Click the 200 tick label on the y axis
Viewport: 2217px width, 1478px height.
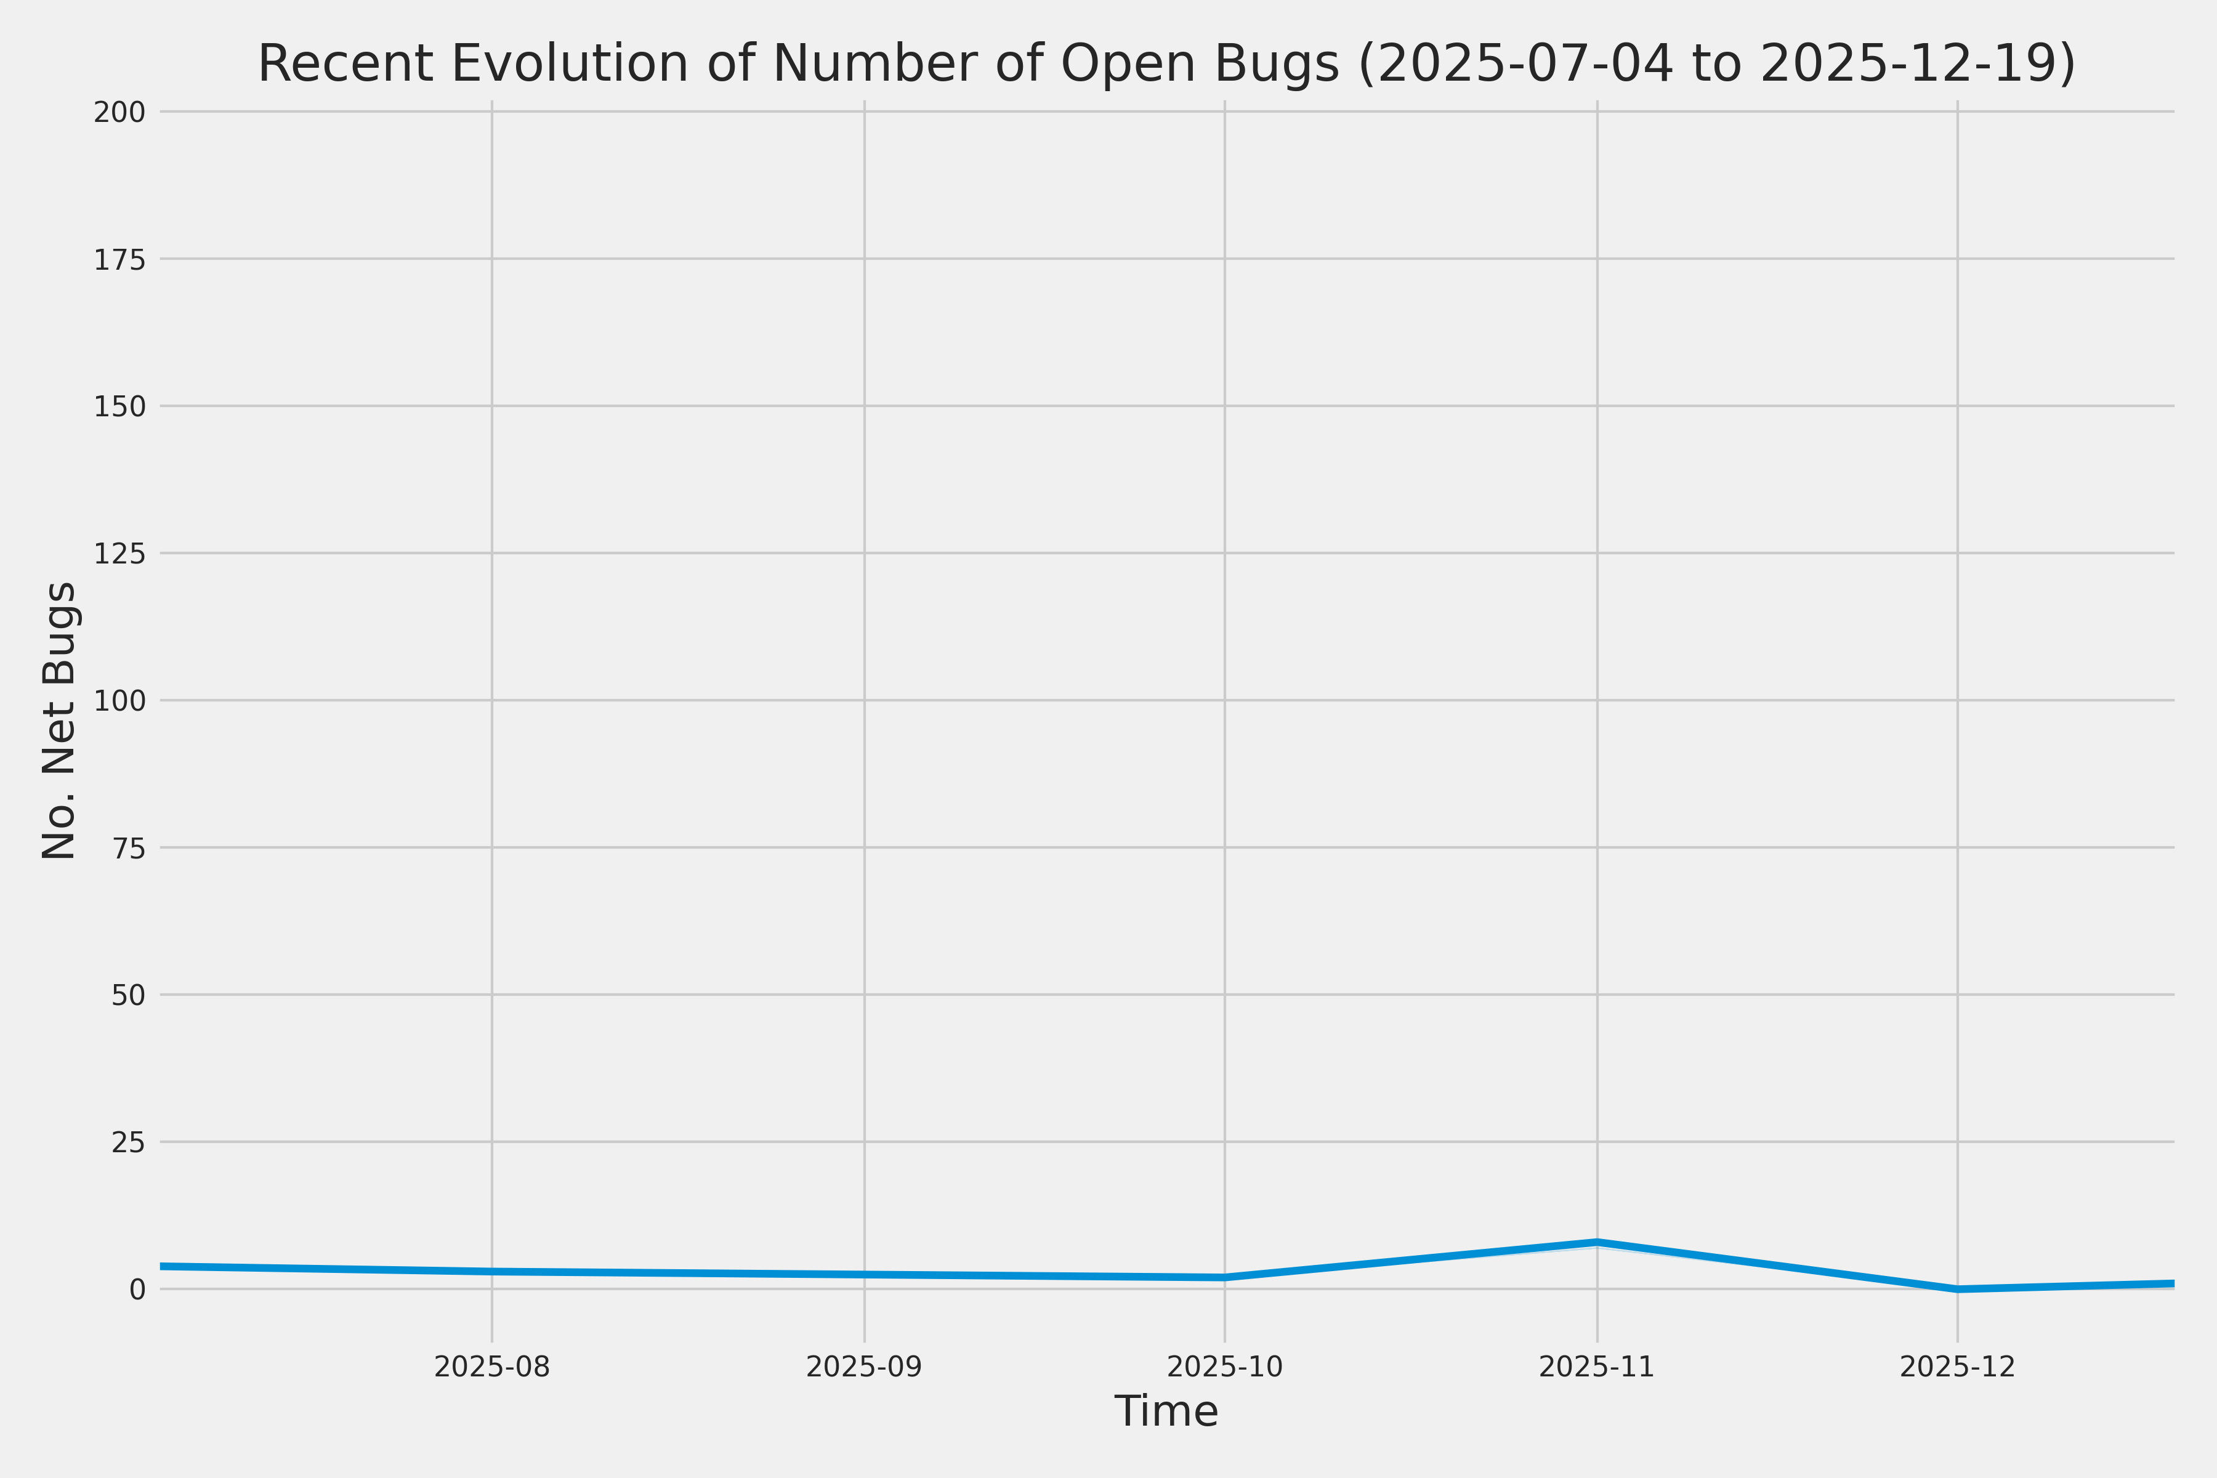(119, 113)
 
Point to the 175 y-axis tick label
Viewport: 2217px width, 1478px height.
(119, 260)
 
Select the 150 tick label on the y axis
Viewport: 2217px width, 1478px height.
(119, 407)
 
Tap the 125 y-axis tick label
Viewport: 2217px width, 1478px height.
(119, 554)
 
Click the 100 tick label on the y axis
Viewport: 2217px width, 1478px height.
(119, 701)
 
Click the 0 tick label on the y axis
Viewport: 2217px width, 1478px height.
(137, 1290)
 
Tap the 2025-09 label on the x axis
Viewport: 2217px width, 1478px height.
(865, 1367)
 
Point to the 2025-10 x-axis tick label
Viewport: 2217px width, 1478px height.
(1224, 1367)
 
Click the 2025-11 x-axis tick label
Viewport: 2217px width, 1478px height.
(1597, 1367)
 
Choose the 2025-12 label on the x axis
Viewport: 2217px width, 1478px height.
(1958, 1367)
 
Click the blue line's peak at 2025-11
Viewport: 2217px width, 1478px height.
(1597, 1242)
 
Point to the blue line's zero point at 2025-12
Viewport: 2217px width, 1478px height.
(1958, 1288)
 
